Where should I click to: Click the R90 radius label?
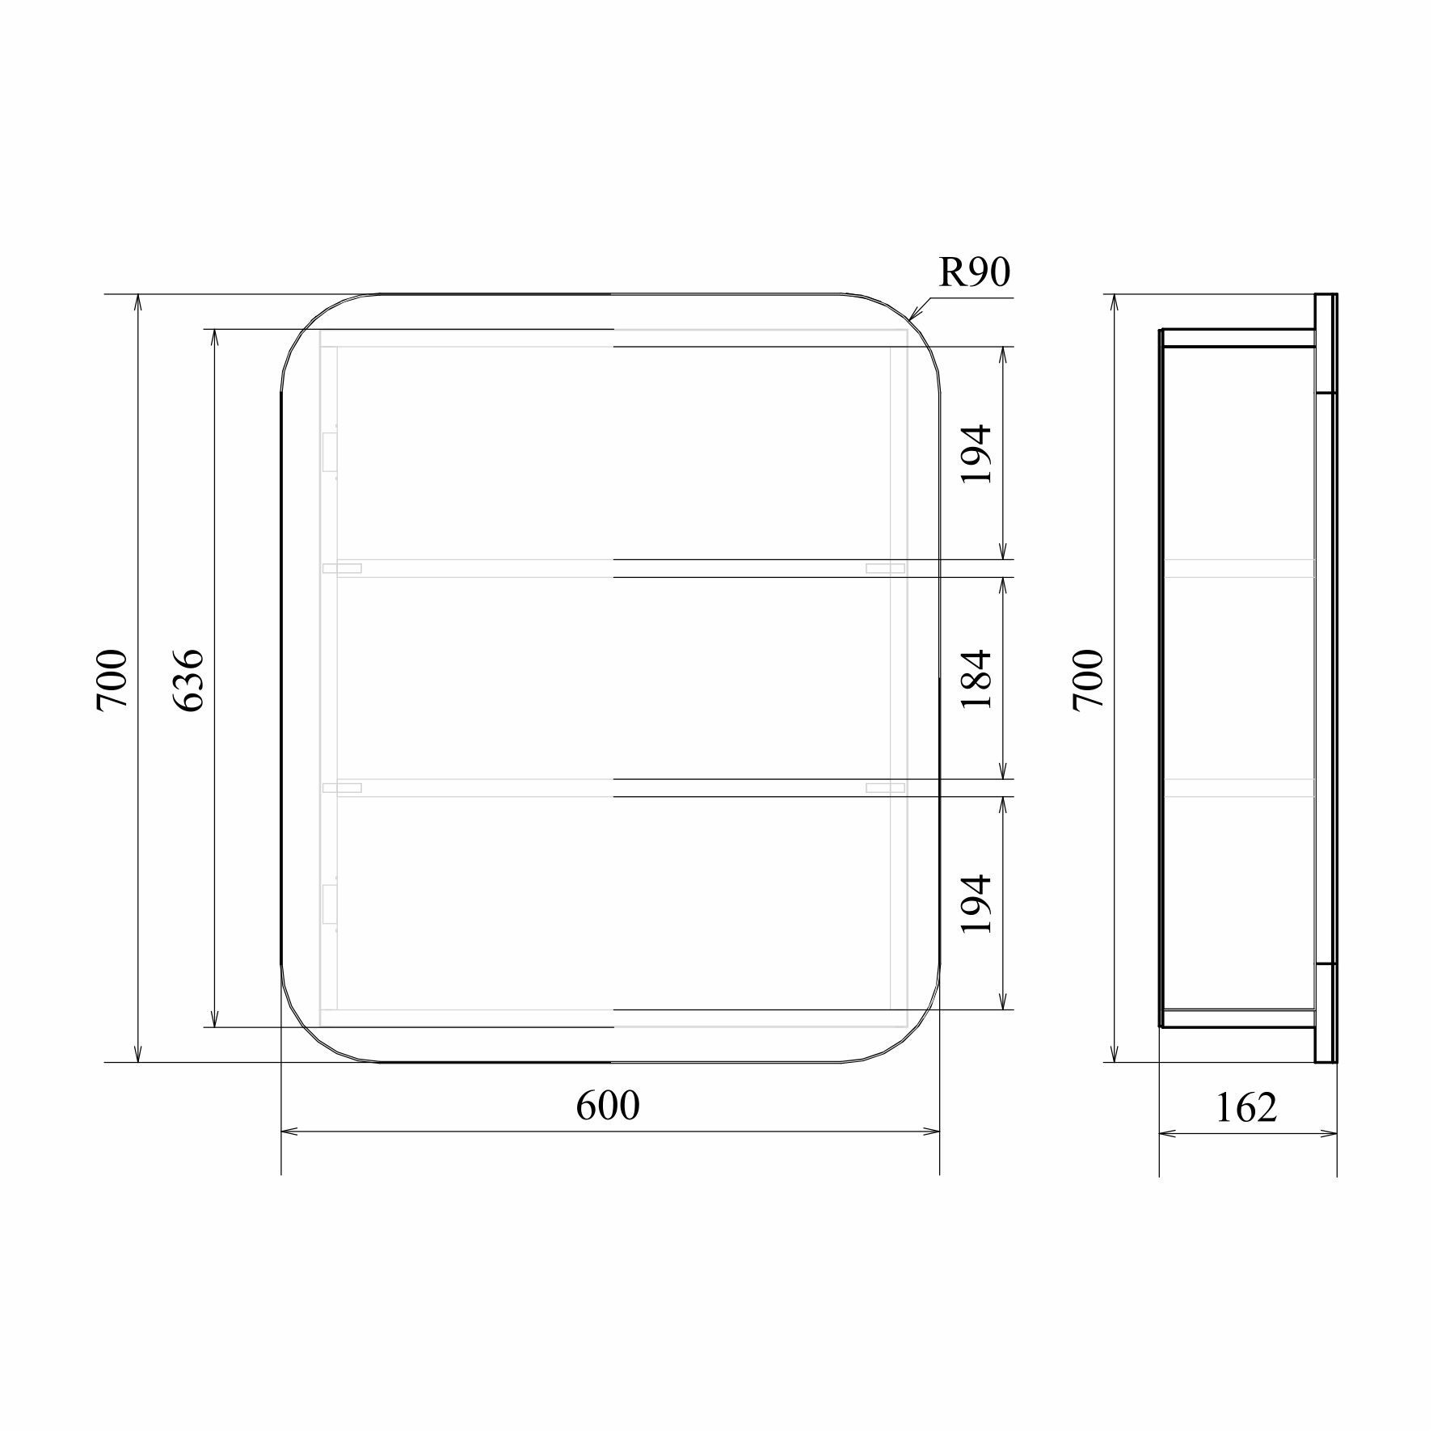coord(974,273)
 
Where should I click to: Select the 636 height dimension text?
coord(190,679)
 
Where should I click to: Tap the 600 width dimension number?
coord(608,1106)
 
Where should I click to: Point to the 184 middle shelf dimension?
coord(976,679)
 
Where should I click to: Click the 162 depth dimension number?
coord(1246,1107)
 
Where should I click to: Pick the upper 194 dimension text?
coord(976,453)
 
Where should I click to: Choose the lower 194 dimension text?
coord(976,904)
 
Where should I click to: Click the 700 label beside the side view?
coord(1088,679)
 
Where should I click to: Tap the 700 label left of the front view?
coord(112,679)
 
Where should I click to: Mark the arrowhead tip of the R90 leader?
coord(909,321)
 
